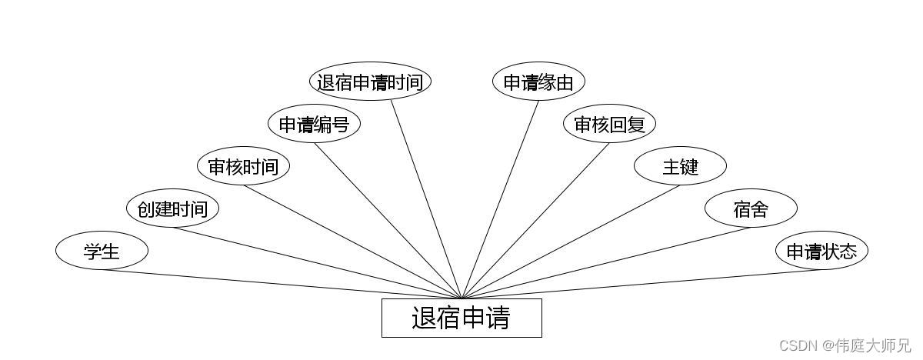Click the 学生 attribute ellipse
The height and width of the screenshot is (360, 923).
click(x=102, y=251)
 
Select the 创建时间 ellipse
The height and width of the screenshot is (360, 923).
click(x=172, y=208)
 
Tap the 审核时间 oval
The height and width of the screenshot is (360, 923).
click(x=243, y=166)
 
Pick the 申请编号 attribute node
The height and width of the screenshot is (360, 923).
click(x=314, y=124)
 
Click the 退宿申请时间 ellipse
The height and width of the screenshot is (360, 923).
click(x=370, y=82)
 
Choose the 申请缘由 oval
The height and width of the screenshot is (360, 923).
click(x=538, y=82)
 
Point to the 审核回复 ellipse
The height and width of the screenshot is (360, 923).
click(x=609, y=124)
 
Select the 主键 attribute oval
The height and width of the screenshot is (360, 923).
click(x=680, y=166)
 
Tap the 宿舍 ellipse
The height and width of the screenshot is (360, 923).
click(x=751, y=208)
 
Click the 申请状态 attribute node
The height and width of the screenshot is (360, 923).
click(x=821, y=251)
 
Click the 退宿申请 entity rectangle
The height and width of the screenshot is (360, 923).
click(x=461, y=318)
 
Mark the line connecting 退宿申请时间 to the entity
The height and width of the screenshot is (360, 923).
click(x=425, y=198)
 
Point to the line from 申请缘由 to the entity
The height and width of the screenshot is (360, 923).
click(x=501, y=198)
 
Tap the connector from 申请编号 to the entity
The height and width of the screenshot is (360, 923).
click(x=388, y=221)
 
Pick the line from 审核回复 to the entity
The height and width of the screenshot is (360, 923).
click(x=535, y=221)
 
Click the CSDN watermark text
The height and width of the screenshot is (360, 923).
click(x=845, y=345)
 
